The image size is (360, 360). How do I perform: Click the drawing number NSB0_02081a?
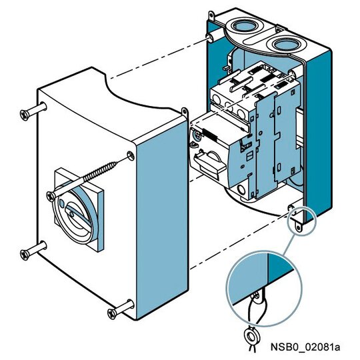[x=305, y=347]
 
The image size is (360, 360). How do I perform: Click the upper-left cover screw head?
[x=25, y=115]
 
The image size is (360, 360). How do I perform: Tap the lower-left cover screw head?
[x=25, y=255]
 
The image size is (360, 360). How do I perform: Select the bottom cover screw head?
[x=112, y=314]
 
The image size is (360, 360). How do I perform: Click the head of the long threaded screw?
[x=51, y=197]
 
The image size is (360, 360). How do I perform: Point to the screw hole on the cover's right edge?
[x=131, y=156]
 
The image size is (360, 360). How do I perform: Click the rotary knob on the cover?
[x=76, y=213]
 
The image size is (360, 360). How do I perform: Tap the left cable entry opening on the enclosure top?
[x=244, y=26]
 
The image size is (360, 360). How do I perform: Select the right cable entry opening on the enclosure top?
[x=285, y=45]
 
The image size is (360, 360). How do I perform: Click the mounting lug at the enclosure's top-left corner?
[x=211, y=15]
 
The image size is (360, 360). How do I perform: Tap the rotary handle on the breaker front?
[x=209, y=163]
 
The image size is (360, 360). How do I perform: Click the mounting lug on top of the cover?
[x=185, y=112]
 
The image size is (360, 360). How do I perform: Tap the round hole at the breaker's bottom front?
[x=241, y=189]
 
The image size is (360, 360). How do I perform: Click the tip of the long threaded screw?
[x=117, y=163]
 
